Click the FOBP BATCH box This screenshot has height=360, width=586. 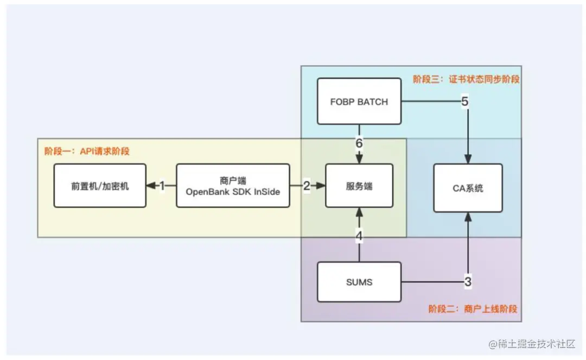(x=359, y=102)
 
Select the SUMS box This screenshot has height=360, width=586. (x=359, y=282)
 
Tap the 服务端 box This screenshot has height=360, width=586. (x=359, y=186)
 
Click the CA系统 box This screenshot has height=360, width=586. (x=468, y=188)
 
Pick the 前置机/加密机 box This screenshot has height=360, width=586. (x=100, y=186)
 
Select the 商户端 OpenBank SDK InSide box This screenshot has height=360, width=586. (x=233, y=186)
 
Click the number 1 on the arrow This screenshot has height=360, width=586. (x=161, y=186)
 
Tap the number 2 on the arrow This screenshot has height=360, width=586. (x=307, y=186)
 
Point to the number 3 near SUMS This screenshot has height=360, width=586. (x=468, y=282)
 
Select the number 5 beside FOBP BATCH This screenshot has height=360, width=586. (x=464, y=102)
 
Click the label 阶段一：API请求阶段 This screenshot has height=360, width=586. (x=87, y=151)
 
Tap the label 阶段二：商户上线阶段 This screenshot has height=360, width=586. (x=473, y=308)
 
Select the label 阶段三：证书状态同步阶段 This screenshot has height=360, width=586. (x=466, y=79)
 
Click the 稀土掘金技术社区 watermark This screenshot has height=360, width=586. (x=531, y=344)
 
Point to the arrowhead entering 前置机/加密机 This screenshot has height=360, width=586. (x=150, y=186)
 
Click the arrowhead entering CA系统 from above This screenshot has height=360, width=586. (x=468, y=160)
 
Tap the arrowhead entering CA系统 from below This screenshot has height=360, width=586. (x=468, y=216)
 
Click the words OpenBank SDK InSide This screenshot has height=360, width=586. (x=233, y=191)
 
